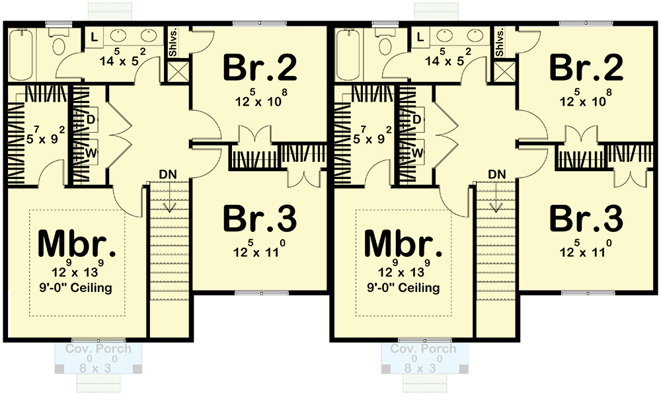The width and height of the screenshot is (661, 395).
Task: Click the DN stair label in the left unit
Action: (x=167, y=174)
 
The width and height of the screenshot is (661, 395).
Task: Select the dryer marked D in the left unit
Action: (x=90, y=118)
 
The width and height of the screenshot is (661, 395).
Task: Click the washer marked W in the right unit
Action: (x=417, y=152)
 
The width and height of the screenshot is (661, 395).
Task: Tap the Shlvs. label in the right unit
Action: (x=501, y=43)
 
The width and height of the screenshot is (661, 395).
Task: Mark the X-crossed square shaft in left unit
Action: (x=178, y=70)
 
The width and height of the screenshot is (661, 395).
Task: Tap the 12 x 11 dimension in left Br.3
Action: (x=259, y=251)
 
